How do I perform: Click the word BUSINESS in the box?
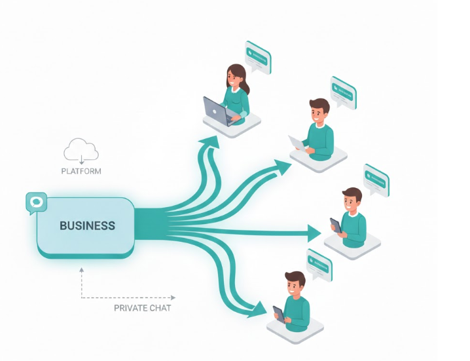pos(87,226)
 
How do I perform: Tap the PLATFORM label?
pos(81,171)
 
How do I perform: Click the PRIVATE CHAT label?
pos(142,308)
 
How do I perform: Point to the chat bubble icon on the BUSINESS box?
pos(36,202)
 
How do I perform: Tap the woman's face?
pos(234,79)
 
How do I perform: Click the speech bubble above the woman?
pos(257,56)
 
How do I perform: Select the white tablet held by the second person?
pos(298,143)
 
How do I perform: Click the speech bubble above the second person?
pos(342,92)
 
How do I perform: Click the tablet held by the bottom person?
pos(279,314)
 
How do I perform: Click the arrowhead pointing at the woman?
pos(210,143)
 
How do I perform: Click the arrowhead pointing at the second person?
pos(282,168)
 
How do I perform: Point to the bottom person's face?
pos(295,286)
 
